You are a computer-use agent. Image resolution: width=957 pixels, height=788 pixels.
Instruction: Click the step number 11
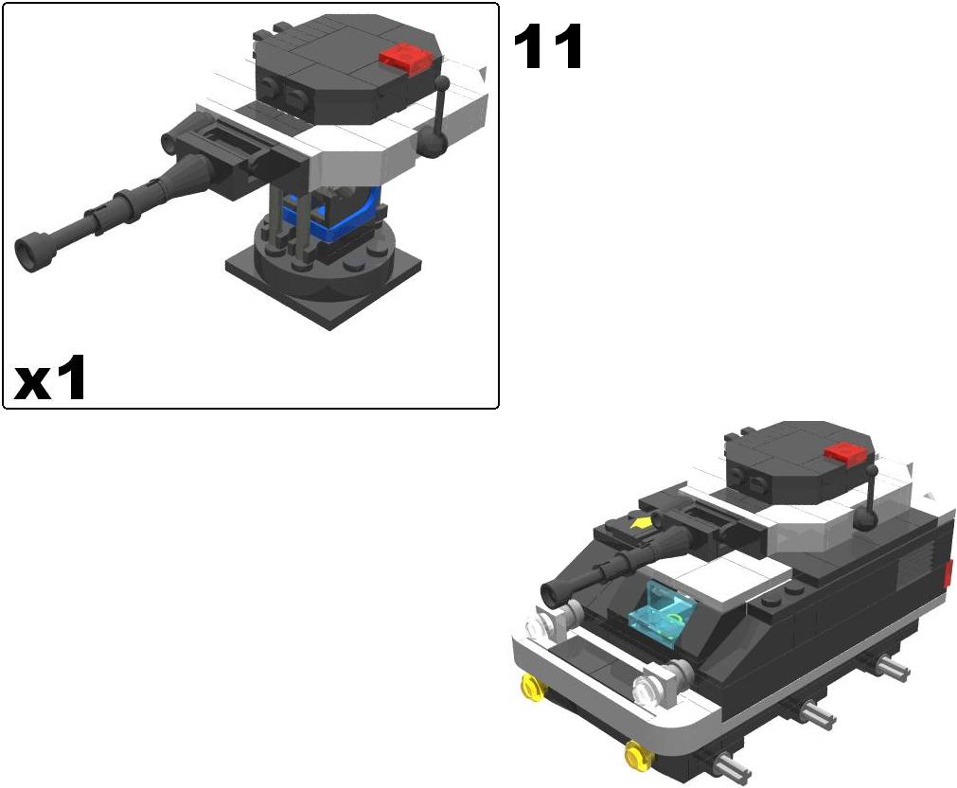pos(548,47)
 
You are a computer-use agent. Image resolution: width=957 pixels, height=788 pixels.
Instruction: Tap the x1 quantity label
pos(49,378)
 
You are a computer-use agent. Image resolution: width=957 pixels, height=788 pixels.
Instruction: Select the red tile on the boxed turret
pos(406,60)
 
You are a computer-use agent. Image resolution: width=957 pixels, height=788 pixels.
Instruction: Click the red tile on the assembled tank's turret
pos(845,452)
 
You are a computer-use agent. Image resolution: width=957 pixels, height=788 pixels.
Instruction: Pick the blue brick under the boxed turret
pos(345,217)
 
